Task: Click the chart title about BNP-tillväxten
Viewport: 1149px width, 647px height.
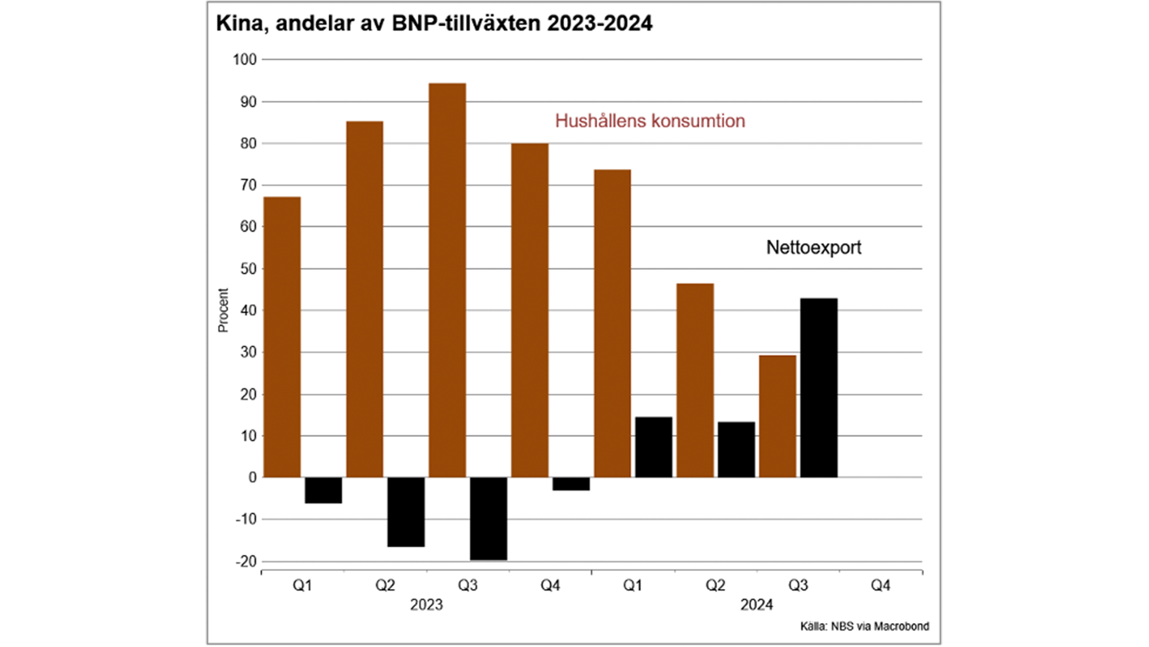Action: coord(434,24)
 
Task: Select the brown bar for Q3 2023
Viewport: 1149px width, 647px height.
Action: coord(447,280)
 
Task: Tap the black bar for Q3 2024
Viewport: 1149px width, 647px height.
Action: coord(819,388)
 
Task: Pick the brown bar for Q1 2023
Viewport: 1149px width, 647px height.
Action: coord(282,337)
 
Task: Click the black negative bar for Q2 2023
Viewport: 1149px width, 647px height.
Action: coord(406,512)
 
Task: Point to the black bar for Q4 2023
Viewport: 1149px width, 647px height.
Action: coord(571,483)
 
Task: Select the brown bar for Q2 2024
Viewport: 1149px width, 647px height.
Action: coord(695,380)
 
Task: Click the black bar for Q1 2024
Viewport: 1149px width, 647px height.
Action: coord(653,447)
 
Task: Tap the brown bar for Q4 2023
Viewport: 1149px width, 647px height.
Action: coord(530,310)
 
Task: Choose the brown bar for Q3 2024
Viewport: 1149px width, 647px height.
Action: coord(777,416)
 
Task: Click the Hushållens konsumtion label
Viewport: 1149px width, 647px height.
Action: coord(650,121)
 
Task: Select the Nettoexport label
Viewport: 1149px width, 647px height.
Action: coord(813,247)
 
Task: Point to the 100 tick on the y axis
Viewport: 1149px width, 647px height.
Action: coord(245,59)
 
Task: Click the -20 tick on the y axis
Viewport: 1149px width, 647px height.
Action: coord(246,561)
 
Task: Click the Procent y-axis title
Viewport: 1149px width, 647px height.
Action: coord(223,310)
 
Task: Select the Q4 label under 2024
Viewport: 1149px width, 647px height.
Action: coord(880,585)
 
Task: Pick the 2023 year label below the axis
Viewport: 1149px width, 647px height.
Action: coord(426,605)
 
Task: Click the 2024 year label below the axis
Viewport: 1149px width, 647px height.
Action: coord(756,605)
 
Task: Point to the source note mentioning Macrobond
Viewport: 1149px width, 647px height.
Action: coord(864,627)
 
